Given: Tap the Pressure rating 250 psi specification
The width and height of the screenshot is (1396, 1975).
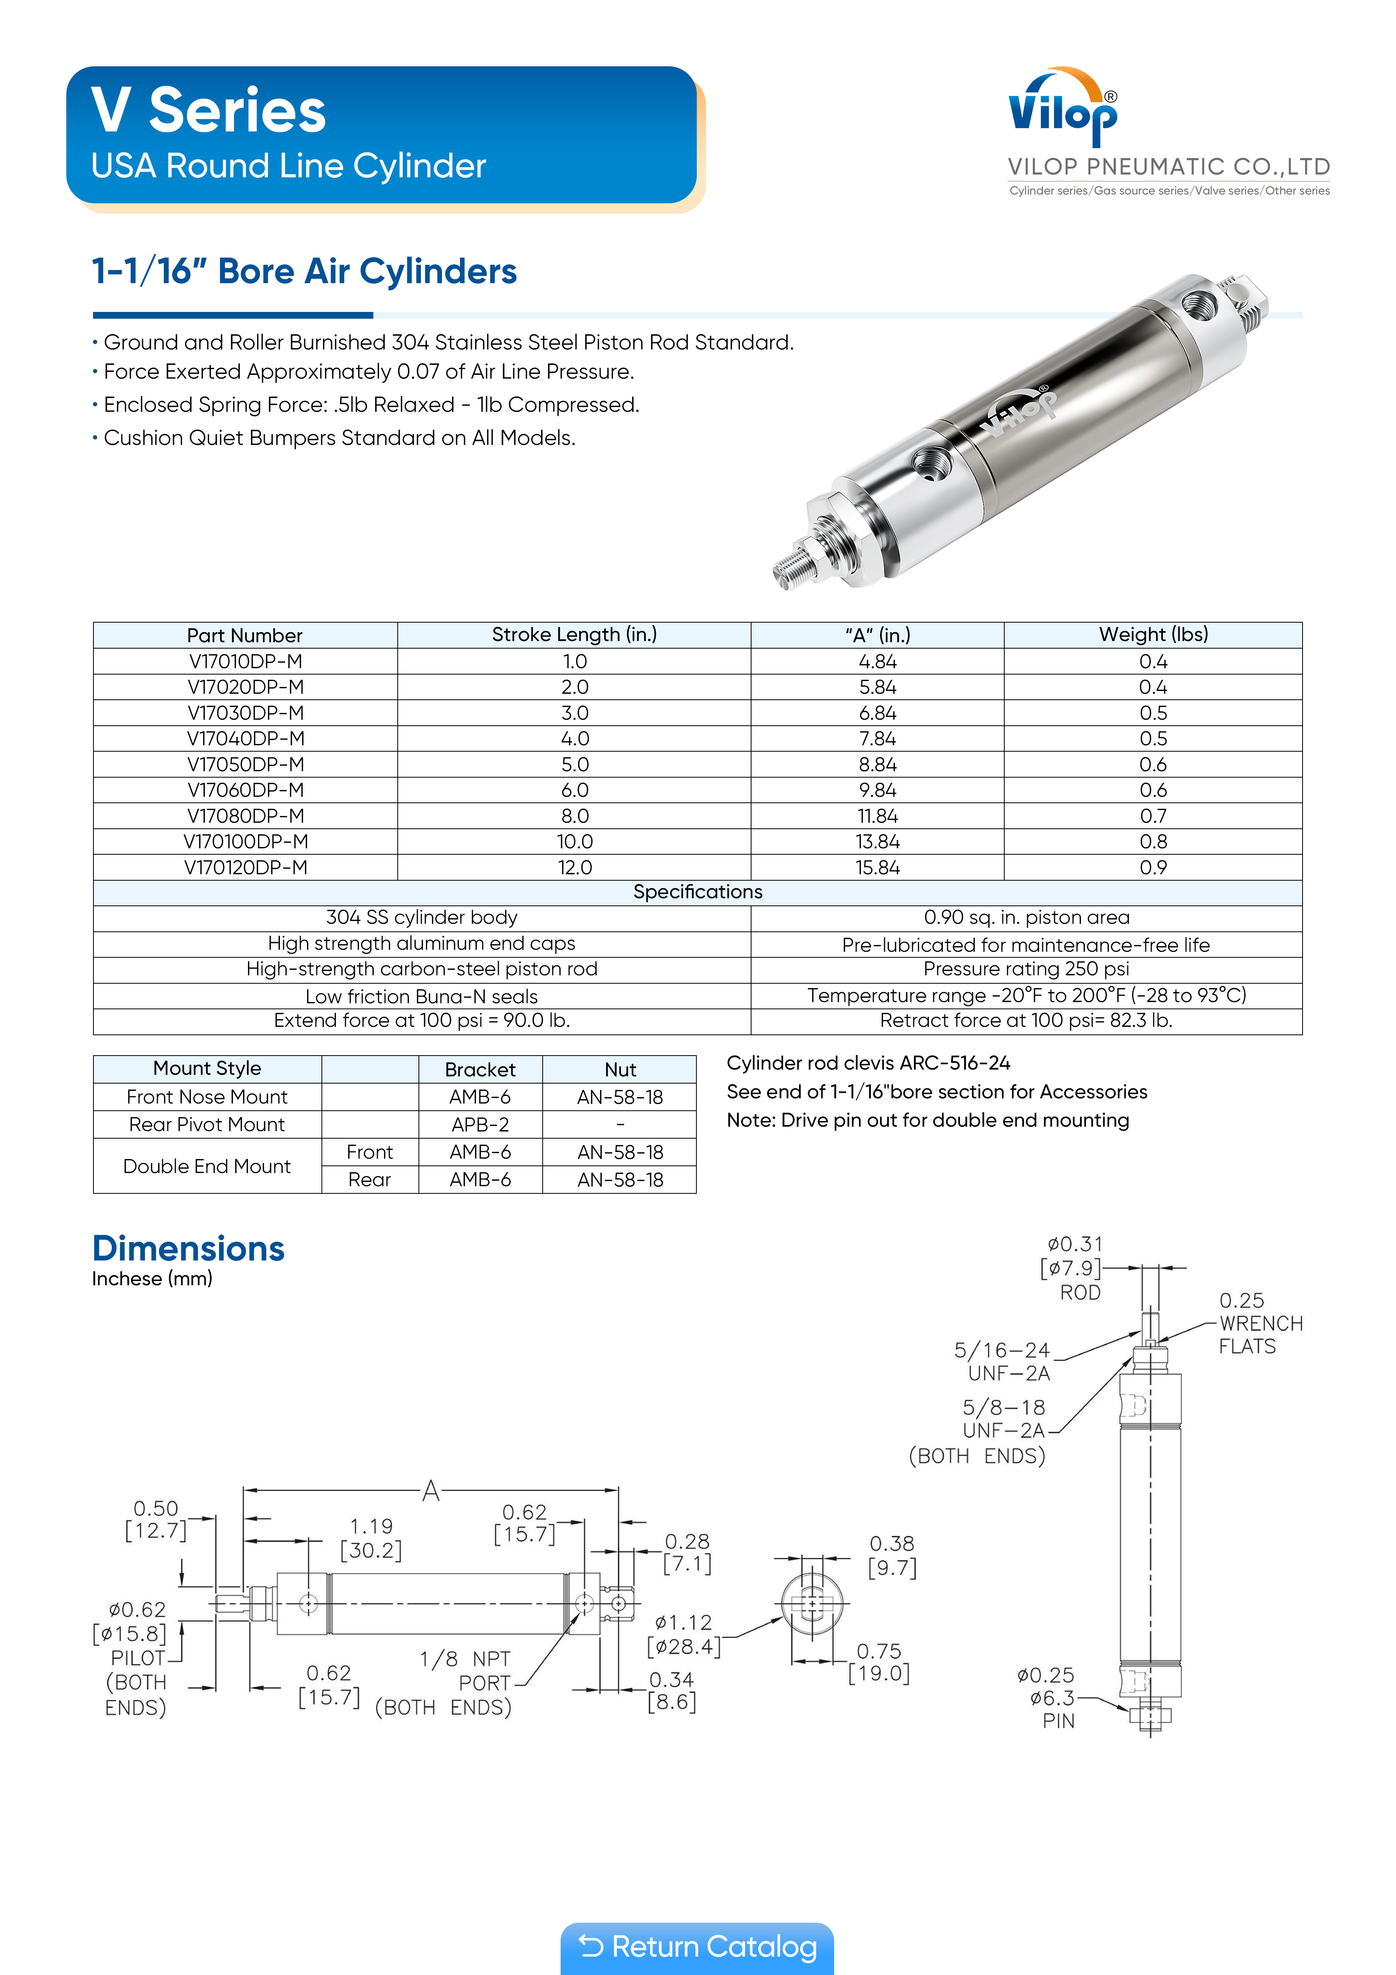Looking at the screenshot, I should coord(1026,969).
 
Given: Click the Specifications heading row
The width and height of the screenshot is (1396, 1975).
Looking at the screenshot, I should coord(698,892).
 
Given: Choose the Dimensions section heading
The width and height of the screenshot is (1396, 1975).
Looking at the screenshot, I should coord(188,1249).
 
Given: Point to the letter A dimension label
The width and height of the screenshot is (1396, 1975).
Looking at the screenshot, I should coord(431,1491).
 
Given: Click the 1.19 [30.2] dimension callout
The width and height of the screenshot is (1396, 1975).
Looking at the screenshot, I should coord(372,1538).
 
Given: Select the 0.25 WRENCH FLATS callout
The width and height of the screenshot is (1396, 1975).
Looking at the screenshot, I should coord(1259,1324).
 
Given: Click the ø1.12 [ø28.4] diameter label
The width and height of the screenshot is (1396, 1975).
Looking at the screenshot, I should coord(684,1634).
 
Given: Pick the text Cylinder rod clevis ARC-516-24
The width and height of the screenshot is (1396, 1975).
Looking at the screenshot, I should coord(868,1063).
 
